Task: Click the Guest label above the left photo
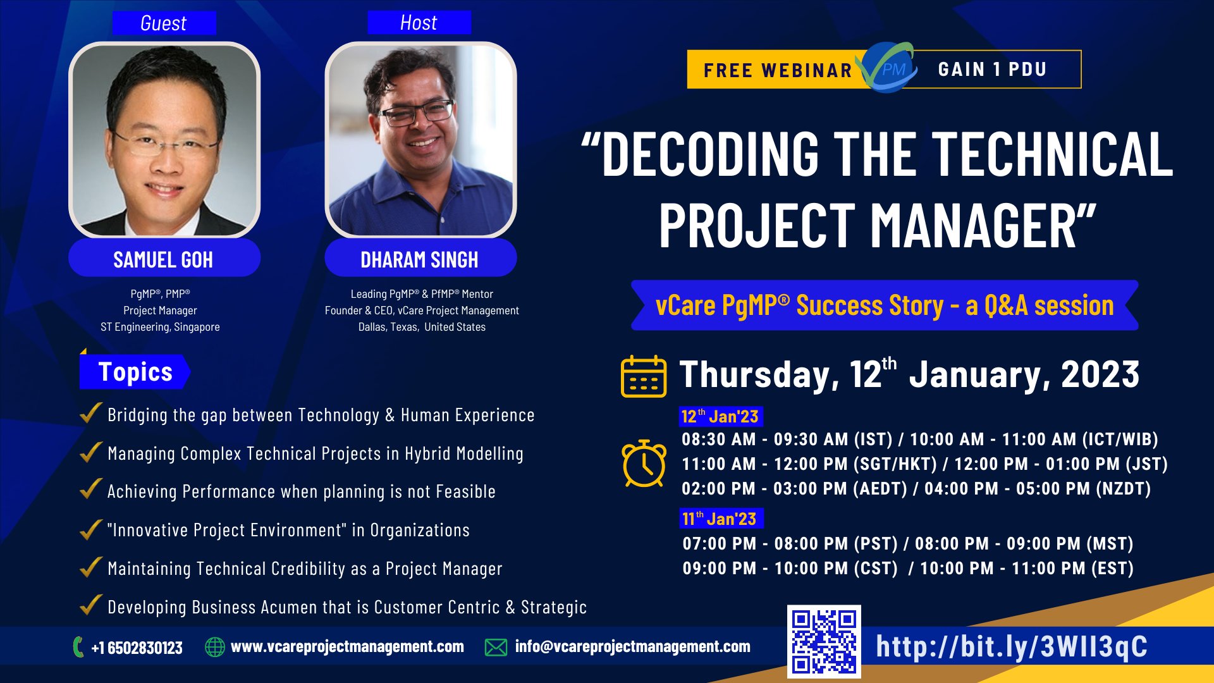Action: pos(164,23)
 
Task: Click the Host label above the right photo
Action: pos(419,23)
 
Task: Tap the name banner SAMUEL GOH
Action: pos(163,259)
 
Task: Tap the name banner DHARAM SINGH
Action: pos(419,259)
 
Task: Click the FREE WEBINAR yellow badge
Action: pos(777,70)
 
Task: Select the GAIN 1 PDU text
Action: pos(992,69)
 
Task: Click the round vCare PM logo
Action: pos(888,68)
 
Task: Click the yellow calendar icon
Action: pos(643,376)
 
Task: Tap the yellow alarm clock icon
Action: pos(644,464)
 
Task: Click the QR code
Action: pos(823,641)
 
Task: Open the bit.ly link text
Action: pos(1011,646)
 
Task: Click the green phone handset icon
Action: pos(78,647)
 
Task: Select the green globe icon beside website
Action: pos(215,647)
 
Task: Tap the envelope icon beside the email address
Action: pos(496,647)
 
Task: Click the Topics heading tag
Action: pos(135,372)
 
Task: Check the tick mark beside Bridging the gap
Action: pos(91,414)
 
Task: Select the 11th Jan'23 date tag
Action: pos(721,519)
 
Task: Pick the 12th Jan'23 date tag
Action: pos(721,416)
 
